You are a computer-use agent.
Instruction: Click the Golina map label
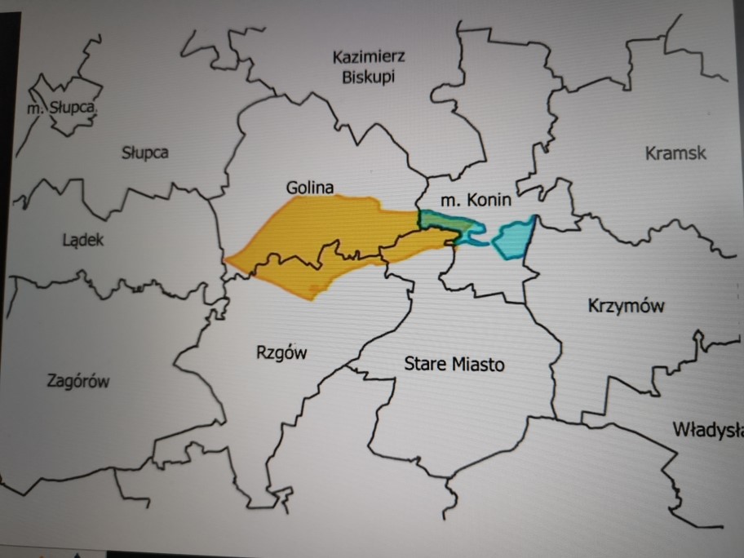pos(310,188)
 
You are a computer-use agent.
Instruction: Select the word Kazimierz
pos(370,57)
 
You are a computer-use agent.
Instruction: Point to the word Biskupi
pos(370,77)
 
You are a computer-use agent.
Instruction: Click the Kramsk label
pos(675,153)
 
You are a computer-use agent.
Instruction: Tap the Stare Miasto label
pos(454,364)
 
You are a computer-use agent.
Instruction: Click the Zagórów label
pos(79,381)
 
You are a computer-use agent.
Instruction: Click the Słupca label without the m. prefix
pos(145,152)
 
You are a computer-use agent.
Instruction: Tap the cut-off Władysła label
pos(707,429)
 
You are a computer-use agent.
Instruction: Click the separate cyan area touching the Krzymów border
pos(513,237)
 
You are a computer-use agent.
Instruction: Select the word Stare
pos(423,364)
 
